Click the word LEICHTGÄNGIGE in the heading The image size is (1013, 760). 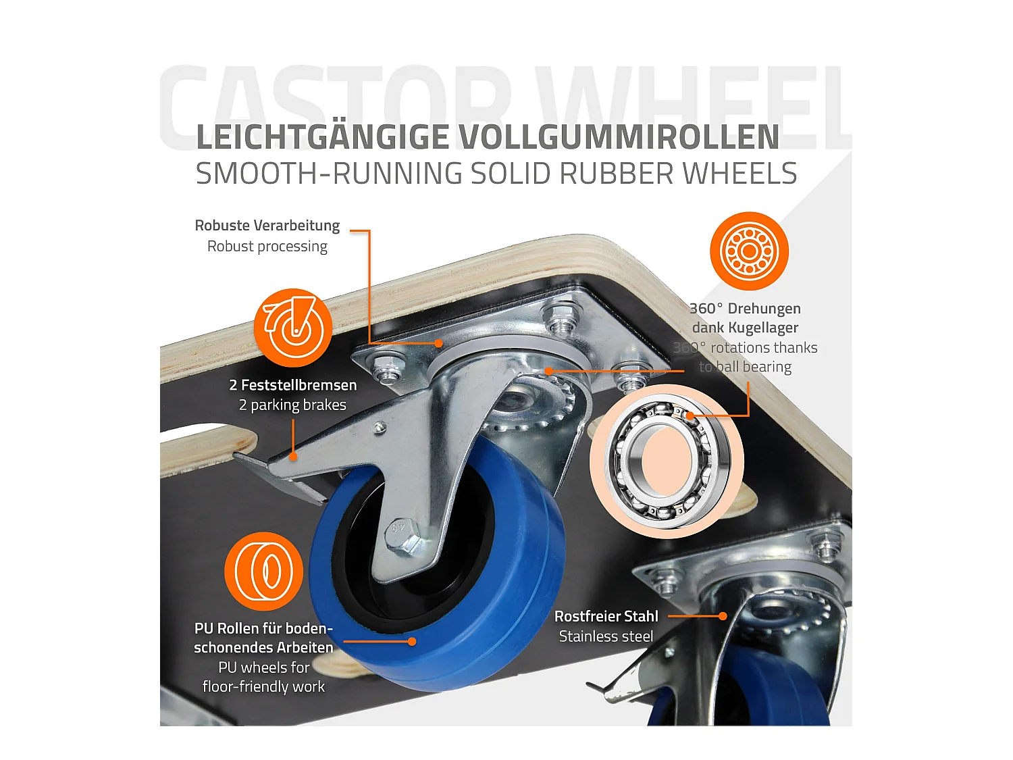[x=322, y=137]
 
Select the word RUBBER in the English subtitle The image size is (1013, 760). [x=617, y=174]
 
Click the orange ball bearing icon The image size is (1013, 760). [x=749, y=251]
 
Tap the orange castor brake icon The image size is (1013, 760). [x=293, y=328]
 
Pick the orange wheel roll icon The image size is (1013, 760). [x=263, y=572]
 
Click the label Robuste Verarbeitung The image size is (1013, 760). [x=267, y=226]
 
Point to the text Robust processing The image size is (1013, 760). [x=267, y=247]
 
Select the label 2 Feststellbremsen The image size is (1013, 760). [x=292, y=385]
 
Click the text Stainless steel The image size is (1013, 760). [x=606, y=636]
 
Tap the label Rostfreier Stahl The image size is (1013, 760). [x=606, y=616]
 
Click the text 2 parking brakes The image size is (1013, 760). [x=292, y=405]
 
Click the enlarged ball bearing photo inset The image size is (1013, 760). [x=666, y=462]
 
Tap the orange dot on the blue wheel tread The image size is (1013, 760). [x=411, y=642]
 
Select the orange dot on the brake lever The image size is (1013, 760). [x=293, y=457]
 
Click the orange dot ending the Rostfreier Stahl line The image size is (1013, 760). [x=723, y=616]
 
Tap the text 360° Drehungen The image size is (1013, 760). [x=745, y=309]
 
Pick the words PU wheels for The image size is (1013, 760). [x=263, y=667]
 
